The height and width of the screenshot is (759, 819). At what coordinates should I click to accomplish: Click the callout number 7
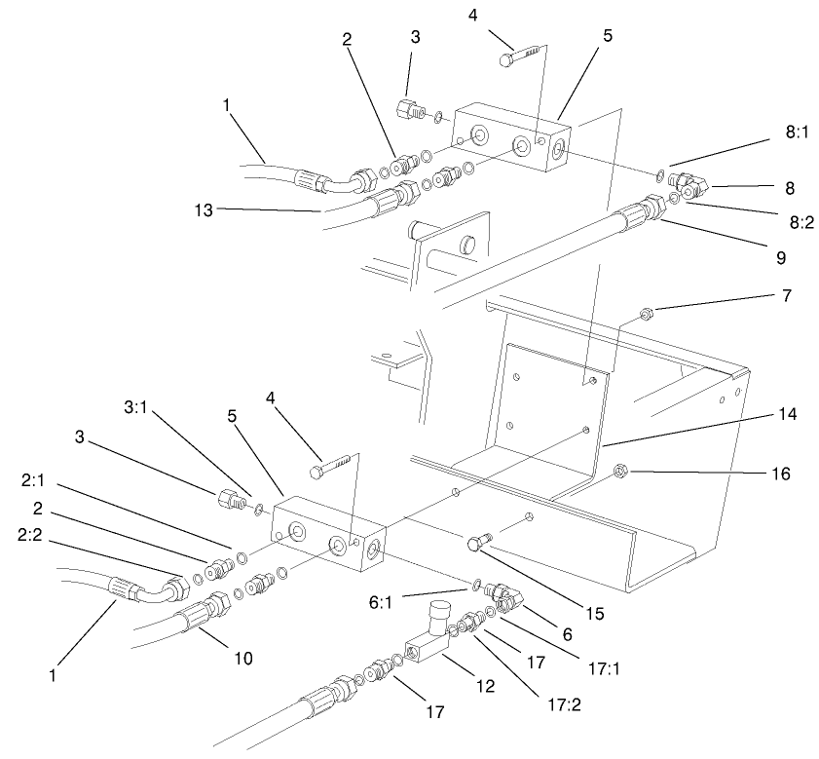coord(784,295)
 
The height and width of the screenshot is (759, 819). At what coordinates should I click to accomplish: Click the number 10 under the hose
coord(242,660)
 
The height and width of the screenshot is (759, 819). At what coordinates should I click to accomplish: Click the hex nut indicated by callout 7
coord(645,313)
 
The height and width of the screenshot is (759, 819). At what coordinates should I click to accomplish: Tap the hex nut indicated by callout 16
coord(619,474)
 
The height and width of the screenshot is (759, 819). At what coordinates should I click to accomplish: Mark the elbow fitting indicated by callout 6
coord(503,596)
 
